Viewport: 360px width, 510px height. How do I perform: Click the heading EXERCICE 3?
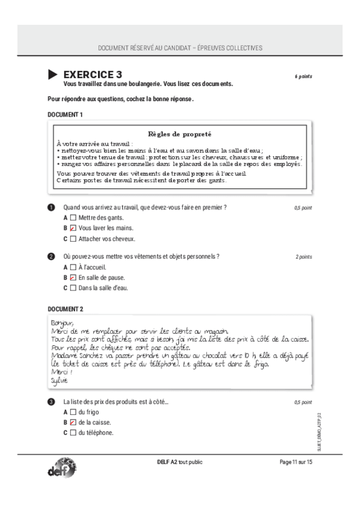93,74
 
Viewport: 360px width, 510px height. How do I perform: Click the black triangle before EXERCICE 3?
53,74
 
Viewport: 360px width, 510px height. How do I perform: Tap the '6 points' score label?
303,76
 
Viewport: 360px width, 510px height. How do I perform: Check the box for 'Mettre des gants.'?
73,217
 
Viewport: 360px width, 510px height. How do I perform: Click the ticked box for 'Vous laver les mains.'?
73,228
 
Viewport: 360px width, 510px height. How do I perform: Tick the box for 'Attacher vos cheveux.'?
73,239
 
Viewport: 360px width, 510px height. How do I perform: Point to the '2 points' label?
304,257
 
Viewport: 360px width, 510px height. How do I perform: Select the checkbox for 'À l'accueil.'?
73,266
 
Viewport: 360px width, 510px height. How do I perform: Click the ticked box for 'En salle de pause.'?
73,277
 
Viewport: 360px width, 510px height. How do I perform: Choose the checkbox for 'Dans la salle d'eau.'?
73,288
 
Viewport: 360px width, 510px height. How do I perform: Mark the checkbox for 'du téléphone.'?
73,432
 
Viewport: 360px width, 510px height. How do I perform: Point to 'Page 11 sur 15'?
296,461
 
